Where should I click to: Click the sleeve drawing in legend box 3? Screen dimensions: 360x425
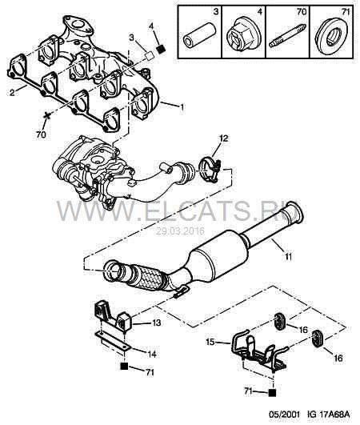199,37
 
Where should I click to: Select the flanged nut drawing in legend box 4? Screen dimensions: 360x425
243,34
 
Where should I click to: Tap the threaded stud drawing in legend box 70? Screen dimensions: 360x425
288,36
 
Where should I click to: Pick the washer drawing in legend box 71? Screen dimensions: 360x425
333,34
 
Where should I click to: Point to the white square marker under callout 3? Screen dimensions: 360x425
149,55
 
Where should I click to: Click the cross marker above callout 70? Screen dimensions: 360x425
47,116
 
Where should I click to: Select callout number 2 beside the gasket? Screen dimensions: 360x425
12,93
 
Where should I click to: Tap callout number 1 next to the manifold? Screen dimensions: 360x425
182,106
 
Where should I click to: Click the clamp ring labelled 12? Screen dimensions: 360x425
211,170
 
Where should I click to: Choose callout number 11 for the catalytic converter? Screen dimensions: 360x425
288,256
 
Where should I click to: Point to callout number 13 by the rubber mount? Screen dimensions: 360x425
156,323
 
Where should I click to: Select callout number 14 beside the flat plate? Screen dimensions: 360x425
152,354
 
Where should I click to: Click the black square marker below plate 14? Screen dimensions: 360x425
124,367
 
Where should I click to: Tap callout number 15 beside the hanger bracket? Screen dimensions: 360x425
210,342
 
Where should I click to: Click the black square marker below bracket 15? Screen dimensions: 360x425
272,393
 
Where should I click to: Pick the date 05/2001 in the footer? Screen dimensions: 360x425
284,414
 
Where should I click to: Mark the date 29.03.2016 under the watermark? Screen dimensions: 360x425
180,231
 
